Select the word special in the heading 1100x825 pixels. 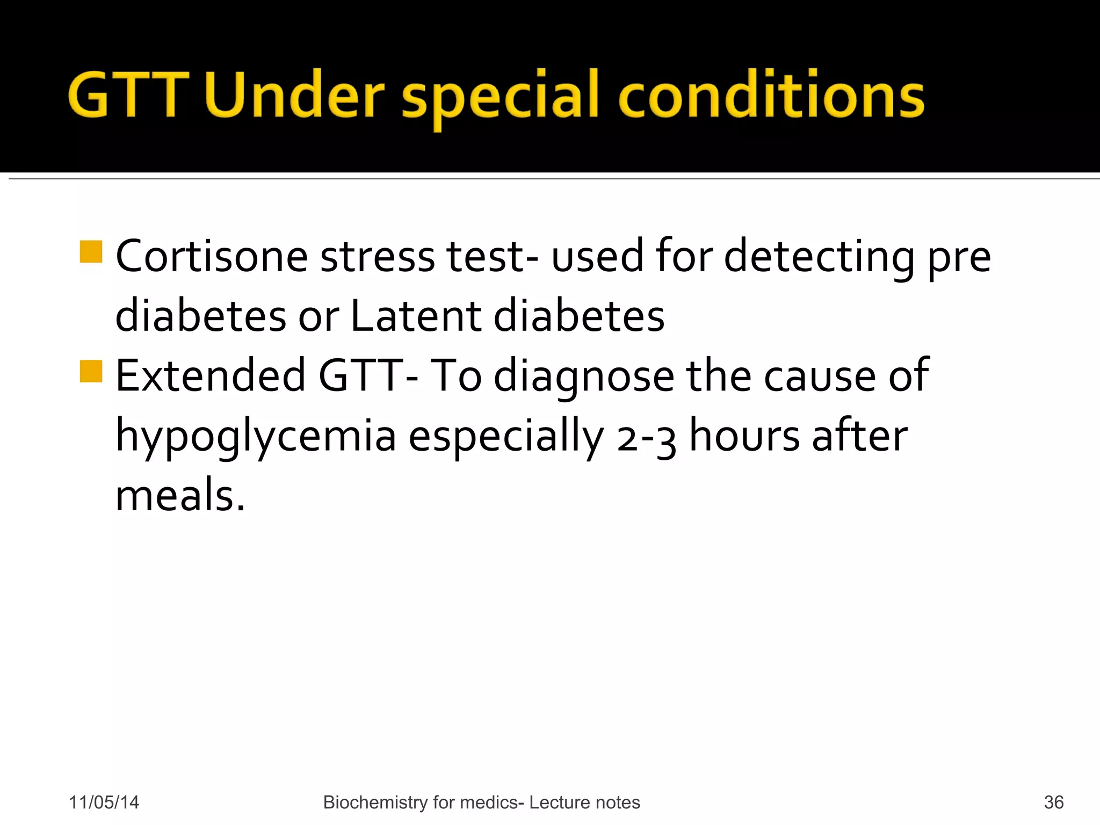coord(500,97)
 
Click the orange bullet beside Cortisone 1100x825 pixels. coord(91,252)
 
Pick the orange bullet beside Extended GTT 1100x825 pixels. coord(91,371)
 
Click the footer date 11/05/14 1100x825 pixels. coord(104,802)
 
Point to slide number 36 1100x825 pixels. coord(1053,802)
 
